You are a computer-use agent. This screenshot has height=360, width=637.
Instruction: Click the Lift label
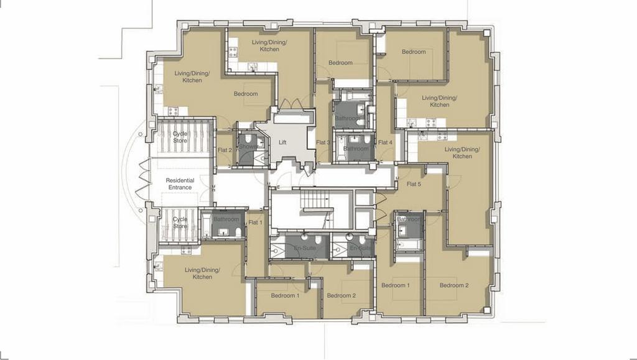click(282, 142)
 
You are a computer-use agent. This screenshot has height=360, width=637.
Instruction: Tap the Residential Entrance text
click(180, 184)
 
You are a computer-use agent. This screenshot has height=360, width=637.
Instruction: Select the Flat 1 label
click(255, 223)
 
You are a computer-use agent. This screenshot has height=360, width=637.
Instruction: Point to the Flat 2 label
click(225, 150)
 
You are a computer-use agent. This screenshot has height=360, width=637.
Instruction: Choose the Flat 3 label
click(323, 142)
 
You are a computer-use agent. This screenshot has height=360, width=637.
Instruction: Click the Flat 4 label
click(385, 142)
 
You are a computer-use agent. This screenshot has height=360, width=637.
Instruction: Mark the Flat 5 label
click(414, 184)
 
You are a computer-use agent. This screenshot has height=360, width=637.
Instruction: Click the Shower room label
click(248, 147)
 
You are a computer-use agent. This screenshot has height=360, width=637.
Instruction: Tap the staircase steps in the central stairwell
click(314, 200)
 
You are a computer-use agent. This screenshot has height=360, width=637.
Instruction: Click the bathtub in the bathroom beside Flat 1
click(206, 225)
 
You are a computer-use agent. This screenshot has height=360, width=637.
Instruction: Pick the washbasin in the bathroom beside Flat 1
click(224, 233)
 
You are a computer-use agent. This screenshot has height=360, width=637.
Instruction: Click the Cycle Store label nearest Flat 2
click(180, 137)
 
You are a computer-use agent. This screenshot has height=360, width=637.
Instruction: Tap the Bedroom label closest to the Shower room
click(246, 94)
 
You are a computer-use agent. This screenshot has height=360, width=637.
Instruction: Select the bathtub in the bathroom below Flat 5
click(408, 245)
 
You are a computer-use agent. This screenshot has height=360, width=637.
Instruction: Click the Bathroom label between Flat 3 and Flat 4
click(356, 149)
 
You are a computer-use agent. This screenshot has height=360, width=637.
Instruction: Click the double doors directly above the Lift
click(294, 104)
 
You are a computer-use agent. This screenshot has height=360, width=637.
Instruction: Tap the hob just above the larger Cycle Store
click(173, 111)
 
